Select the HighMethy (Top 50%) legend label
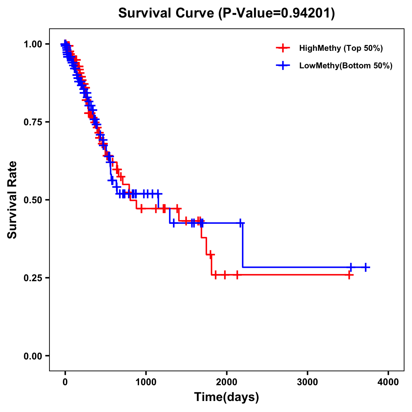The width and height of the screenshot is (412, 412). tap(341, 48)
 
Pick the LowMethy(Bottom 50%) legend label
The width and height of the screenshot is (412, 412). tap(346, 66)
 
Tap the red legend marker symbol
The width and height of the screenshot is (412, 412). tap(283, 48)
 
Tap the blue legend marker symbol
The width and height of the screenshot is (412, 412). tap(283, 66)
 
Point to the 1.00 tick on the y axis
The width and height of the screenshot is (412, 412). tap(33, 44)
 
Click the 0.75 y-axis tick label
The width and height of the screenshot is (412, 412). tap(33, 122)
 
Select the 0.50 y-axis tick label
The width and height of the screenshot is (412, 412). tap(33, 200)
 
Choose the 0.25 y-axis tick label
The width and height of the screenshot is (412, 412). tap(33, 278)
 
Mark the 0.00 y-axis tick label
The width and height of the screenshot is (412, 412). tap(33, 356)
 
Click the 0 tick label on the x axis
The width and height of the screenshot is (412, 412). tap(65, 382)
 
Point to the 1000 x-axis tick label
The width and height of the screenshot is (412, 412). tap(146, 382)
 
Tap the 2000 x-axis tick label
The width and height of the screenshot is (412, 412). tap(227, 382)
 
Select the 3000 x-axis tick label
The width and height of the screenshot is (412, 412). tap(307, 382)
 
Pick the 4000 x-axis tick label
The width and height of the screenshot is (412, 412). tap(388, 382)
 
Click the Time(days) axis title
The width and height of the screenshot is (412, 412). tap(227, 397)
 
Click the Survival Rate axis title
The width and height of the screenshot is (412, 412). tap(12, 200)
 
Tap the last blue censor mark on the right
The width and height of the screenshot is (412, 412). tap(366, 267)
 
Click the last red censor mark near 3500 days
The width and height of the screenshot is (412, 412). tap(349, 275)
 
